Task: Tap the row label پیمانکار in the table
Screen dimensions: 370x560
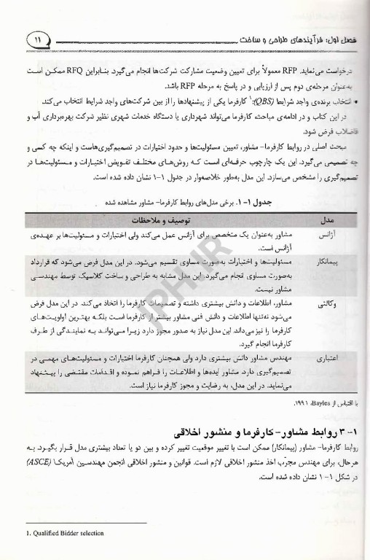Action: point(326,262)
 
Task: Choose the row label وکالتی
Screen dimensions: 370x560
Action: point(328,300)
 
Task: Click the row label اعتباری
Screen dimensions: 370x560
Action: point(327,359)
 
